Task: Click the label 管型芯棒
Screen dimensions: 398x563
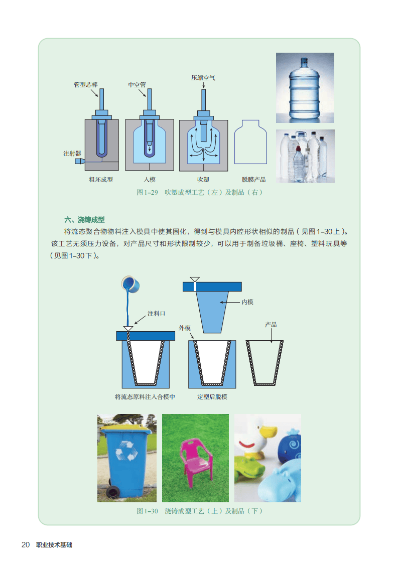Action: (x=85, y=85)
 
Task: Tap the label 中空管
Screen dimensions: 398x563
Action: (x=137, y=85)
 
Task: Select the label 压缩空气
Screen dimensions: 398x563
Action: (x=203, y=78)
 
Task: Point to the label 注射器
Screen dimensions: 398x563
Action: (x=72, y=154)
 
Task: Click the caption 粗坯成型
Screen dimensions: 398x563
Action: (x=101, y=180)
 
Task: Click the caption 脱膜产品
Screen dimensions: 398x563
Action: (x=253, y=180)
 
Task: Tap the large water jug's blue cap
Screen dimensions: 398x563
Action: (x=304, y=61)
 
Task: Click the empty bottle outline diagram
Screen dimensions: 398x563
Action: (x=250, y=142)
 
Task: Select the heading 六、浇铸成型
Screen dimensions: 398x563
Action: (x=84, y=220)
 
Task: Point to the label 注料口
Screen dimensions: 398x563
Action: (x=156, y=314)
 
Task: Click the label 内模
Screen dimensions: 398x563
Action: (x=247, y=302)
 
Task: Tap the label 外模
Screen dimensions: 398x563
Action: (x=185, y=328)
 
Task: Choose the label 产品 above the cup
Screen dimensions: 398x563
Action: (x=271, y=325)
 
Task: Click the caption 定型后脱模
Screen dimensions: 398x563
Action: (x=212, y=397)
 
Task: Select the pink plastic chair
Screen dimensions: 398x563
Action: (x=196, y=461)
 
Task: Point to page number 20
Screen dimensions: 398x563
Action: (x=26, y=545)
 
